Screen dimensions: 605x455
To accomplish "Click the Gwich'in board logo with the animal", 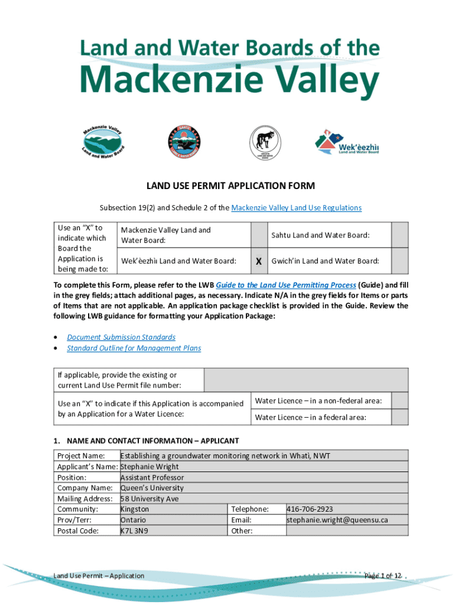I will click(x=265, y=142).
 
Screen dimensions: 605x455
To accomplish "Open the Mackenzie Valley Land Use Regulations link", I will click(x=296, y=208).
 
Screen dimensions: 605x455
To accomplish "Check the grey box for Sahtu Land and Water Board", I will click(x=400, y=235).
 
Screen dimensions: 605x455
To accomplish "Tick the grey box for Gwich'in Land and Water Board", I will click(x=400, y=261).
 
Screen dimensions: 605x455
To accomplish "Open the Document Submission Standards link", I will click(x=121, y=337).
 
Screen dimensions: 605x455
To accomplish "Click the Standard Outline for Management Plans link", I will click(x=134, y=348).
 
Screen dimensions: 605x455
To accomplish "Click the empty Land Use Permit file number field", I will click(x=305, y=380).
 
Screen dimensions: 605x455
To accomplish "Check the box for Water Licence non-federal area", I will click(x=400, y=401).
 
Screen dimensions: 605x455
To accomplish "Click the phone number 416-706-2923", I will click(x=310, y=509).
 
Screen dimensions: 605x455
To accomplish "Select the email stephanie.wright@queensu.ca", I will click(x=337, y=520).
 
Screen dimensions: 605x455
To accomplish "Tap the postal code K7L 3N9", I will click(x=134, y=531).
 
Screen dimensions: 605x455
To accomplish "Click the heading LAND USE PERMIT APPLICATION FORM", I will click(x=230, y=186).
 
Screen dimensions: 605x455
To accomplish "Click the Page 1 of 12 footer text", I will click(x=383, y=575).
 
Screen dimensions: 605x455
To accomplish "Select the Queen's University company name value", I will click(x=152, y=488).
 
